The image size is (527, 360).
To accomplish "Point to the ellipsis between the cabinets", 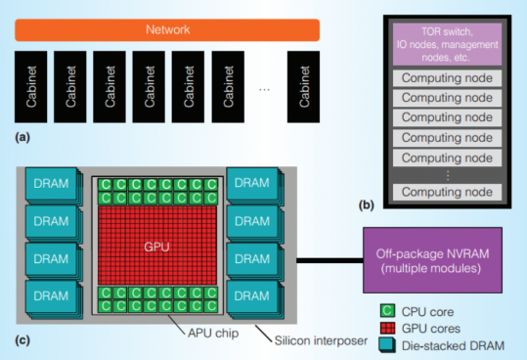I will pos(264,89).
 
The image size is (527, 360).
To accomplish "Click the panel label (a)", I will pos(21,139).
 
